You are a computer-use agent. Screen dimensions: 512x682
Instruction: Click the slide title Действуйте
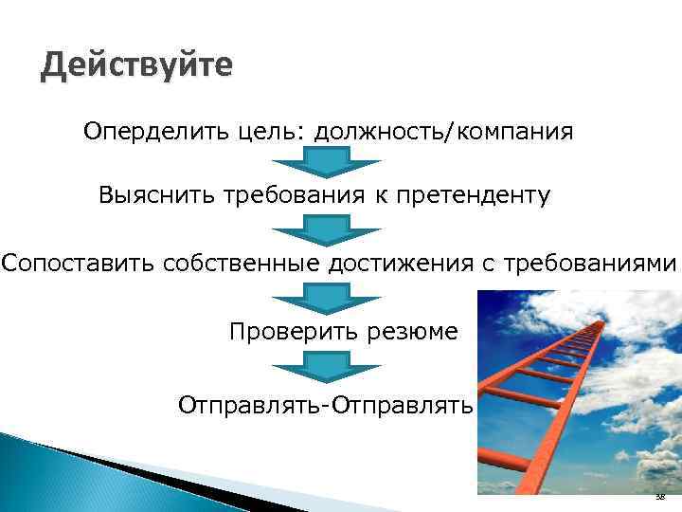[136, 67]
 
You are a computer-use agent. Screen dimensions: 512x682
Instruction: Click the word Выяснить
[156, 196]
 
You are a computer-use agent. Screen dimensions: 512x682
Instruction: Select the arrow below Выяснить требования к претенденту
[326, 229]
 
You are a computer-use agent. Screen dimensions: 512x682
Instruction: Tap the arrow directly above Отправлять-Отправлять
[326, 366]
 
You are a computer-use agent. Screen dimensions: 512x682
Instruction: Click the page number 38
[659, 498]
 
